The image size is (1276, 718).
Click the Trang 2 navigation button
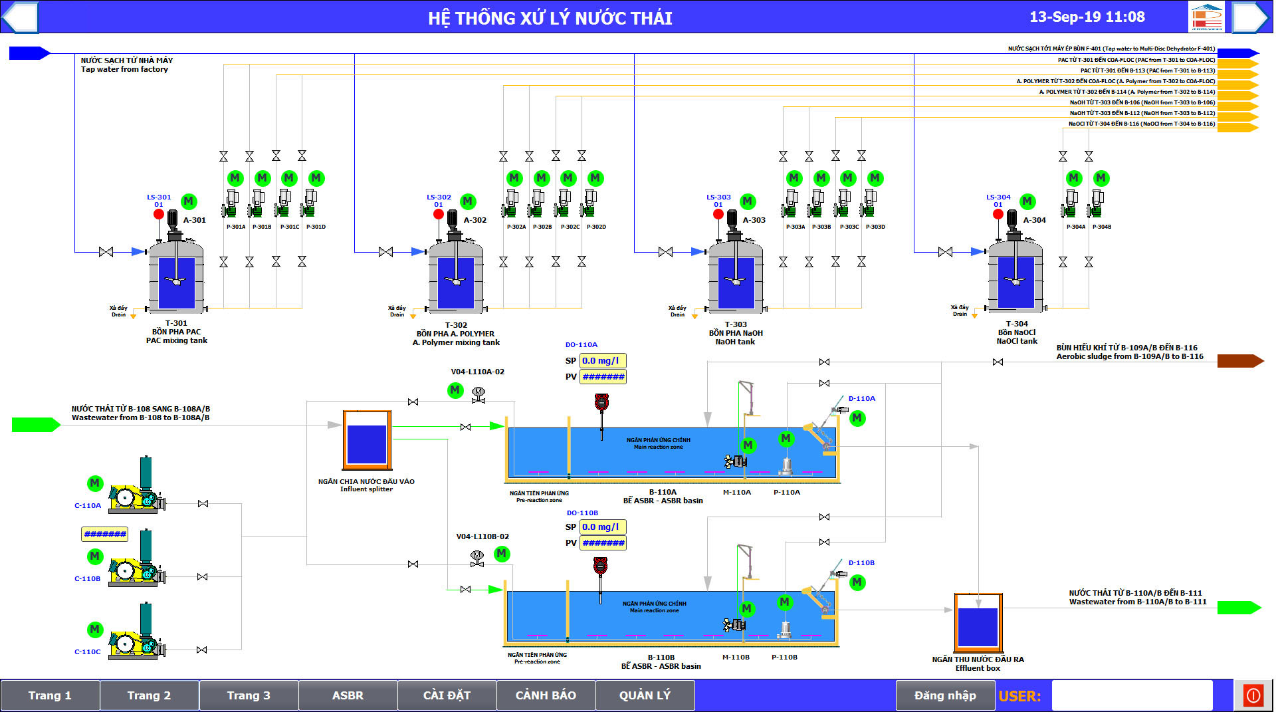[x=149, y=695]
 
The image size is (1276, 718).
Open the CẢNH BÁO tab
[x=546, y=695]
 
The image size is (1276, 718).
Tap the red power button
[x=1253, y=695]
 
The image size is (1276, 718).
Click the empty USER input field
[x=1132, y=695]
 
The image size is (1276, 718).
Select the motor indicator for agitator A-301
[x=189, y=201]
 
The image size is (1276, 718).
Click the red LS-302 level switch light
[x=439, y=214]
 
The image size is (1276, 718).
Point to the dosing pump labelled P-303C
[x=843, y=205]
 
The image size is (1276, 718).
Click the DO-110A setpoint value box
[x=602, y=361]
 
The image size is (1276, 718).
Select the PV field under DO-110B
[x=603, y=543]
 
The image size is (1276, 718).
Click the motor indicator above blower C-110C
[x=95, y=629]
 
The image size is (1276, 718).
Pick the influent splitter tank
[x=367, y=441]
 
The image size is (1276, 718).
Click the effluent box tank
[x=978, y=624]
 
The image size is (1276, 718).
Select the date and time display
[x=1087, y=17]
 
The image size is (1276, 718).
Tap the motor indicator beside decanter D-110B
[x=857, y=582]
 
